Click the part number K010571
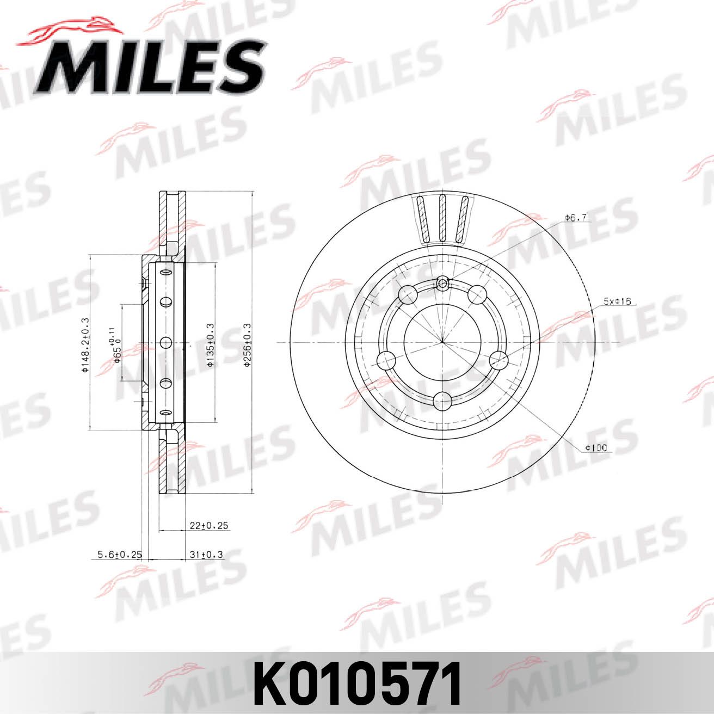pyautogui.click(x=357, y=683)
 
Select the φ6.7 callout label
pyautogui.click(x=575, y=218)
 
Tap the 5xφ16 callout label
pyautogui.click(x=616, y=301)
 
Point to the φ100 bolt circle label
pyautogui.click(x=596, y=448)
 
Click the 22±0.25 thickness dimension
pyautogui.click(x=208, y=526)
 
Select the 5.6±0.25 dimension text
pyautogui.click(x=119, y=555)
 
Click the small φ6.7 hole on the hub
pyautogui.click(x=443, y=282)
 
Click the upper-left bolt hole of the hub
pyautogui.click(x=408, y=294)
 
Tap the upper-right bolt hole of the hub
pyautogui.click(x=477, y=294)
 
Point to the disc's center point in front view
pyautogui.click(x=442, y=342)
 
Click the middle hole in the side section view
pyautogui.click(x=165, y=342)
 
